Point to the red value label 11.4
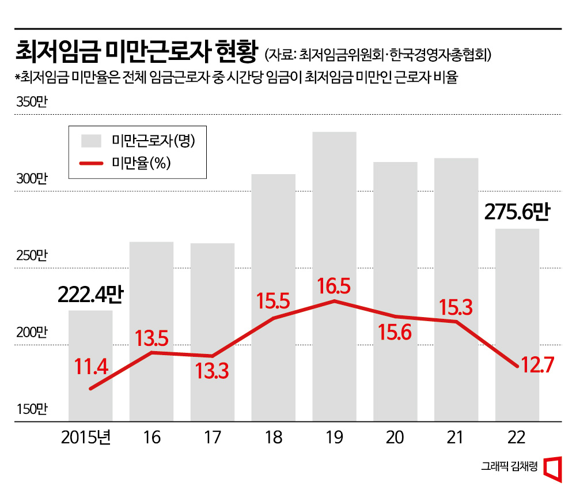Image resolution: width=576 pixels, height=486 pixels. coord(91,366)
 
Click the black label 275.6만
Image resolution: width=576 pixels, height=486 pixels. coord(517,213)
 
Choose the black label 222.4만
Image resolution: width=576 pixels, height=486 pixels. coord(90,295)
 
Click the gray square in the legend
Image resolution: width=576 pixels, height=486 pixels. coord(91,141)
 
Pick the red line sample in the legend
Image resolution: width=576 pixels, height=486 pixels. coord(91,164)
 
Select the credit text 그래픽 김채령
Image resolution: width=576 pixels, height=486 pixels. coord(510,467)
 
